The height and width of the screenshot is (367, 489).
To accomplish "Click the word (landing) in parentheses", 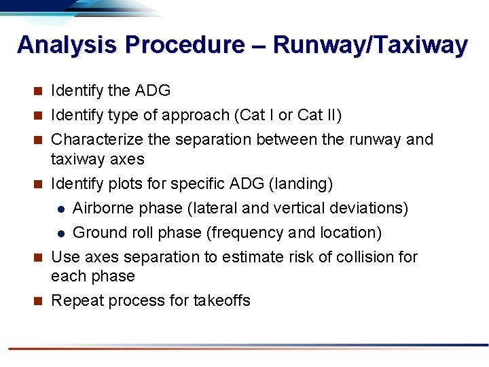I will (302, 183).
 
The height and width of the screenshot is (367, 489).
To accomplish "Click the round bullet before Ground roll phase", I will (60, 233).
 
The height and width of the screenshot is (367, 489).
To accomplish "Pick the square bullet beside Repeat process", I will (39, 300).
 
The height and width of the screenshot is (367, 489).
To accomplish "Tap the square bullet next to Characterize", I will (39, 140).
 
